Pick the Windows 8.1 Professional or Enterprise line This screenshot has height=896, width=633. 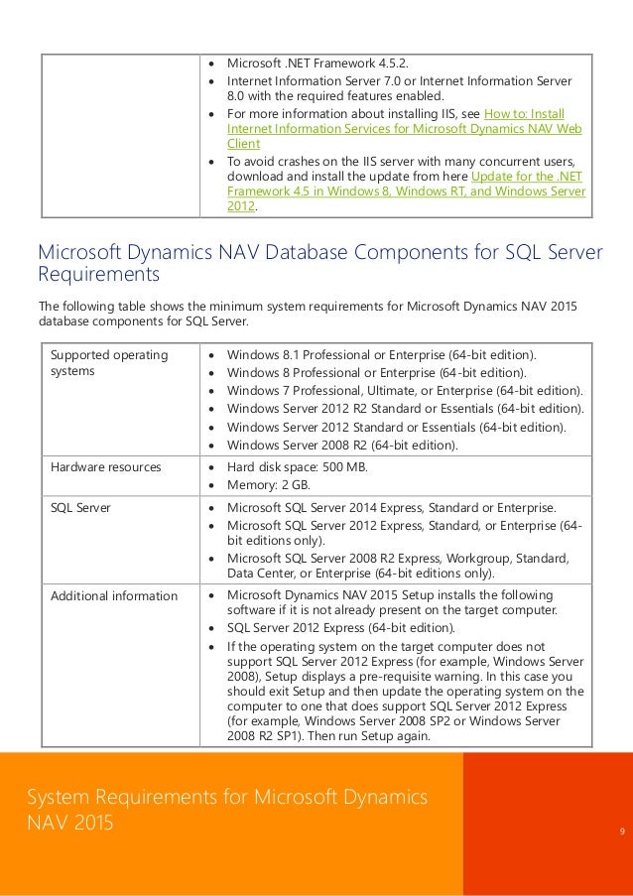tap(381, 355)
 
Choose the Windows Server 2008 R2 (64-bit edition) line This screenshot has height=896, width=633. tap(342, 445)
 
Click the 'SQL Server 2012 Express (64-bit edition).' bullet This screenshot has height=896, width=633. tap(342, 628)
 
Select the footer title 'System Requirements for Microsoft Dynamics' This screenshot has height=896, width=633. tap(227, 796)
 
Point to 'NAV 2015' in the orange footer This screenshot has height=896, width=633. tap(70, 823)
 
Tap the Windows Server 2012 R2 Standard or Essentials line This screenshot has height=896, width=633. tap(405, 409)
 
